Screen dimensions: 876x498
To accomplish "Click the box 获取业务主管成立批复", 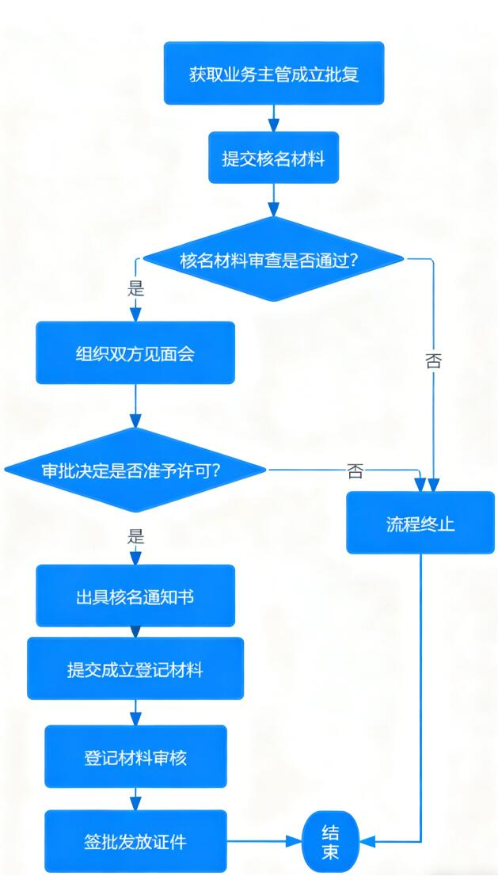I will pos(274,74).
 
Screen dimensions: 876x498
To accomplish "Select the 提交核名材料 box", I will pos(273,158).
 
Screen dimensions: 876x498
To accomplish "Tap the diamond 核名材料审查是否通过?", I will pos(273,260).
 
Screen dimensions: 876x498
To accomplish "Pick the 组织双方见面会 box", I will pos(135,352).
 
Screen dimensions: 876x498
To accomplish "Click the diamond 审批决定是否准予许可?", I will pos(135,470).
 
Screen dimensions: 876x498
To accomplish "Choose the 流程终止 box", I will pos(420,523).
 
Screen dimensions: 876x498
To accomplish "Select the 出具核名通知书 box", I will pos(135,596).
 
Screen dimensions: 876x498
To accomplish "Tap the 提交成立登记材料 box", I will pos(135,669).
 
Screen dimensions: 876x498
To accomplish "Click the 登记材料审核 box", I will pos(135,756).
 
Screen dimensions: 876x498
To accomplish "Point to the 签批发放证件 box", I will pos(135,840).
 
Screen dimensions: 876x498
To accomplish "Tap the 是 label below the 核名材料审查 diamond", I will pos(135,288).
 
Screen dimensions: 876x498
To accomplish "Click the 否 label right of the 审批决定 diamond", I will pos(355,472).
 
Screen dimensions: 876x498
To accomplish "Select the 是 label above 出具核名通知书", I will pos(135,537).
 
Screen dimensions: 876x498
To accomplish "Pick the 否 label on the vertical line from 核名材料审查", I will pos(433,361).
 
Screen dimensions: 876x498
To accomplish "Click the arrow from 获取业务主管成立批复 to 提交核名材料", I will pos(273,118).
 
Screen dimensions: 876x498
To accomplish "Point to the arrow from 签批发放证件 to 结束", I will pos(264,840).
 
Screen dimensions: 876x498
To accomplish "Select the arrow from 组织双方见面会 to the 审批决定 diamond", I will pos(135,406).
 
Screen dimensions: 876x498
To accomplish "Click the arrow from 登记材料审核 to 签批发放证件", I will pos(135,798).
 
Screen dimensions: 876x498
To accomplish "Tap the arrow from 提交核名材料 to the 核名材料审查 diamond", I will pos(273,200).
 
